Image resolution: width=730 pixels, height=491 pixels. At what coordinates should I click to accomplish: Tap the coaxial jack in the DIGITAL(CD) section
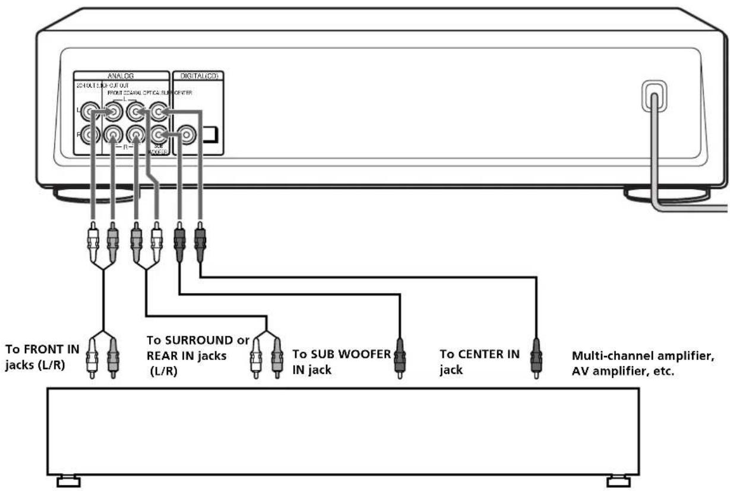coord(187,136)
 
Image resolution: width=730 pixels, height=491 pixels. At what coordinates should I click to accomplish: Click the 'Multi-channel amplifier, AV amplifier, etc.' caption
coord(642,363)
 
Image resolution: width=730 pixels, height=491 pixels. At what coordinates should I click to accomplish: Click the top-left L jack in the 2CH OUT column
coord(90,111)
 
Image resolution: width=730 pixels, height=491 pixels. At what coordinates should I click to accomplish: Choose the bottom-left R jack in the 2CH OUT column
coord(90,136)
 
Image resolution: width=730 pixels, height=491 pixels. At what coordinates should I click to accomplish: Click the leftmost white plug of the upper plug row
coord(93,238)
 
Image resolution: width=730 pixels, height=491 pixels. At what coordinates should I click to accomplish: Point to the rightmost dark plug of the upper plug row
coord(200,238)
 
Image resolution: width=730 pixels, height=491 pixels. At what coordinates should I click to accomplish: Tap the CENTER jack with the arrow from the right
coord(158,111)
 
